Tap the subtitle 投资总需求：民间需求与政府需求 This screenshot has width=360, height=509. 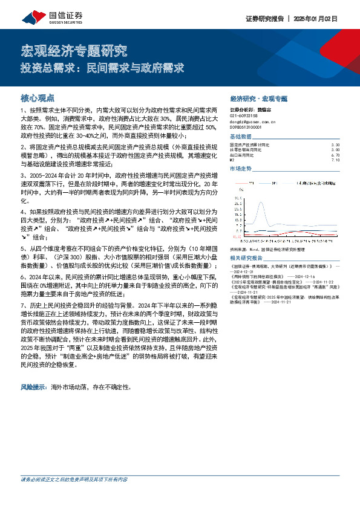(102, 68)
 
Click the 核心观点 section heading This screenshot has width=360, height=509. (38, 97)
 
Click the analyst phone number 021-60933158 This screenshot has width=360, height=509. (244, 115)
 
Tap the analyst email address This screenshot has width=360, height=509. (248, 122)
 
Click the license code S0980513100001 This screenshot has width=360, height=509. (245, 127)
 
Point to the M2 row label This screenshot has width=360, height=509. (232, 160)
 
